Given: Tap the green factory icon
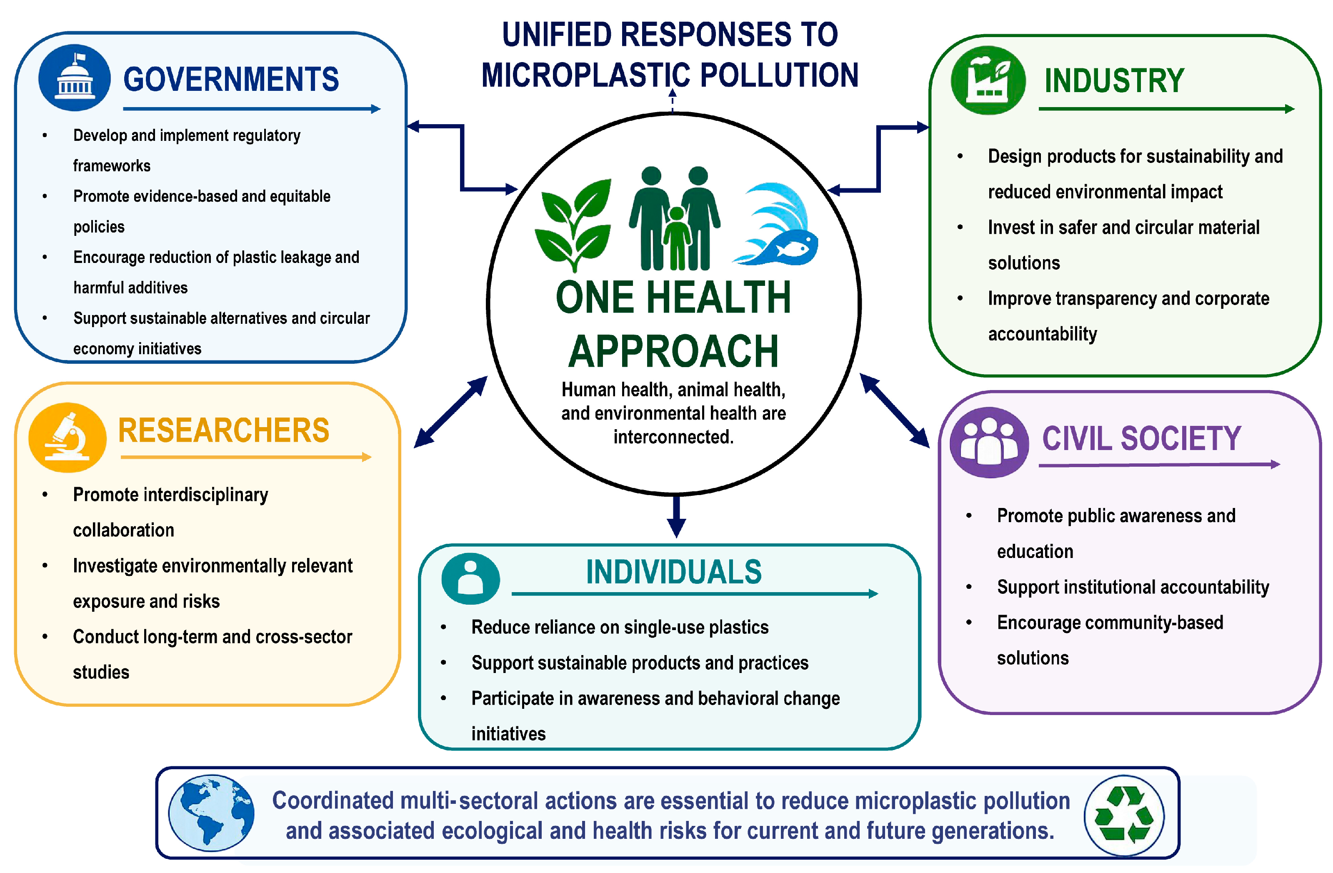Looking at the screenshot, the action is pos(988,80).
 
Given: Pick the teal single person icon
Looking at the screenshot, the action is pos(470,578).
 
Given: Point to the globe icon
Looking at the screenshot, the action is pos(212,813).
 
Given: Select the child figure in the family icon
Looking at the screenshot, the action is pos(677,238).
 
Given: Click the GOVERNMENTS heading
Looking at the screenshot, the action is pos(231,79).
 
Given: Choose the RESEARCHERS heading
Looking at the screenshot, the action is pos(223,430).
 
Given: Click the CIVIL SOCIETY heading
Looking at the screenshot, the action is pos(1141,438).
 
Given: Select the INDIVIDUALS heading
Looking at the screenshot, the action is pos(674,572).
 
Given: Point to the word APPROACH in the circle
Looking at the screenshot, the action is pos(673,351).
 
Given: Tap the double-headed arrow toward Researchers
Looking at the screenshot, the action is pos(451,412).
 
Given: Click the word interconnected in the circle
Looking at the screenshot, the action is pos(673,437).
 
